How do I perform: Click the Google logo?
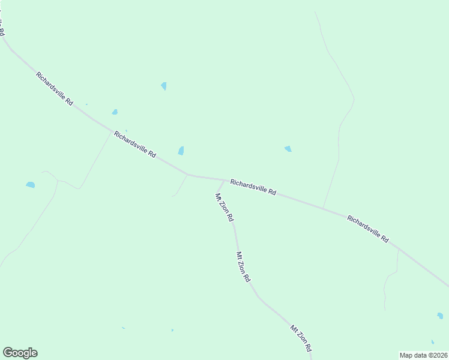tap(20, 353)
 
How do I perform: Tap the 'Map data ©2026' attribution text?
tap(424, 355)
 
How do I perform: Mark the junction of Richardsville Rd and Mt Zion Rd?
tap(225, 179)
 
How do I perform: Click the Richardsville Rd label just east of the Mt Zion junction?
tap(253, 187)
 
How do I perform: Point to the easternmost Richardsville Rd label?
tap(368, 229)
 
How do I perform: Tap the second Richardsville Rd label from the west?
tap(135, 145)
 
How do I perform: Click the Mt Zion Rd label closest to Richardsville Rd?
tap(224, 208)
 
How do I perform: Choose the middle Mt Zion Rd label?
tap(243, 267)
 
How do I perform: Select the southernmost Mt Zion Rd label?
tap(301, 338)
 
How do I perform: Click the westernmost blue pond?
tap(30, 185)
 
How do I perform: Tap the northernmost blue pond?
tap(164, 86)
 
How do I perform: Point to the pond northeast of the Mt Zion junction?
tap(288, 149)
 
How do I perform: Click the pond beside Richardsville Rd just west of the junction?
tap(181, 151)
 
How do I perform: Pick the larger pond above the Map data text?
tap(440, 316)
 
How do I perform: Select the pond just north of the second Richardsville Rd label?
tap(115, 112)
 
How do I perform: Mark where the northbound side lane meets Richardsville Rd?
tap(324, 208)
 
